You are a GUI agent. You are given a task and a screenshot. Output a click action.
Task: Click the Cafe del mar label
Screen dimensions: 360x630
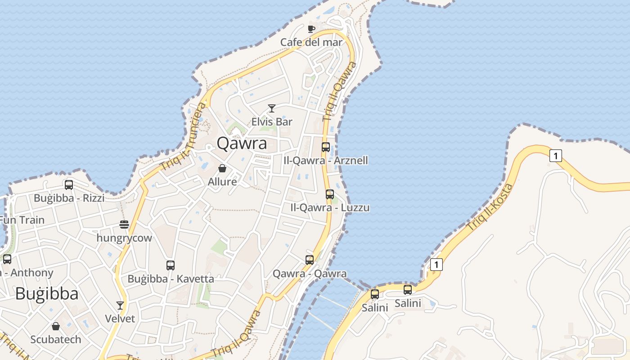pos(311,42)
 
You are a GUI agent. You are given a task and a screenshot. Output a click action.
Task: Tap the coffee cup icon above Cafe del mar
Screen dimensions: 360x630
pos(311,29)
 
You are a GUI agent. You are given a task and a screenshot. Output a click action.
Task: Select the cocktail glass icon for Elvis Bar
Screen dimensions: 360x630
pos(272,108)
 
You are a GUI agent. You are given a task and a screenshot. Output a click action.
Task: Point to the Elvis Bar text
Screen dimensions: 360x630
pos(272,121)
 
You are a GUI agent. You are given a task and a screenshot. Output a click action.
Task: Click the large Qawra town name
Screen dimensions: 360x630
pos(242,143)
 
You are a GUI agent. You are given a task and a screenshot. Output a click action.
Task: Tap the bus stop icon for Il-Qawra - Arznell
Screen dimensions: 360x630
pos(326,147)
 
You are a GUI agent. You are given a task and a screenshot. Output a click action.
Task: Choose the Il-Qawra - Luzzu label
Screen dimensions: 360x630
pos(330,207)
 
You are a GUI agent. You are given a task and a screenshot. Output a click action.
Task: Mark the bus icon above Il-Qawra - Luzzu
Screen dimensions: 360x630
pos(330,194)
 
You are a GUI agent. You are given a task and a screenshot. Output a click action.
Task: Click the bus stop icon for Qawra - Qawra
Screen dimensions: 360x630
pos(310,260)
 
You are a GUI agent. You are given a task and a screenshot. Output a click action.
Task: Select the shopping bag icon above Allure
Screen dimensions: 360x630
pos(222,169)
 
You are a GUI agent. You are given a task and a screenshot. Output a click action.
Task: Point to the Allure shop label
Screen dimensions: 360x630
pos(222,182)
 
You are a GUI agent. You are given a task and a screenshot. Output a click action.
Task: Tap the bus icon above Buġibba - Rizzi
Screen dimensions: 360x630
pos(69,185)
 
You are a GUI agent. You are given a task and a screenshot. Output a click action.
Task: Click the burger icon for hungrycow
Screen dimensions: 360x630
pos(124,225)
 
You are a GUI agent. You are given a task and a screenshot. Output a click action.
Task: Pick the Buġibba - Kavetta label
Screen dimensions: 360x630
pos(171,279)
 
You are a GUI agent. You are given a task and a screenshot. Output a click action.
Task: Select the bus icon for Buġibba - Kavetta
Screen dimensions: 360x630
pos(171,265)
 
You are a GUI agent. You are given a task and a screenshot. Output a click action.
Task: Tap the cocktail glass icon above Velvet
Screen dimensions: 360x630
pos(120,306)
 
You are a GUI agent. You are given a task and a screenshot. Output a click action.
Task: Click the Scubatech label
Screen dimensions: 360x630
pos(56,339)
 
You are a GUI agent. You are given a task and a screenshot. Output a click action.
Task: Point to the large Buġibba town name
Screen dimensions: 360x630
pos(47,293)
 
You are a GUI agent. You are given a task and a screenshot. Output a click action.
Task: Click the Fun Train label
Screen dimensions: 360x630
pos(22,220)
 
